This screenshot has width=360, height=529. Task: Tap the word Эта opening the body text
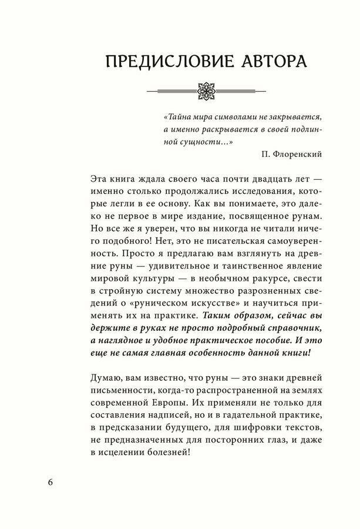coord(101,179)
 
